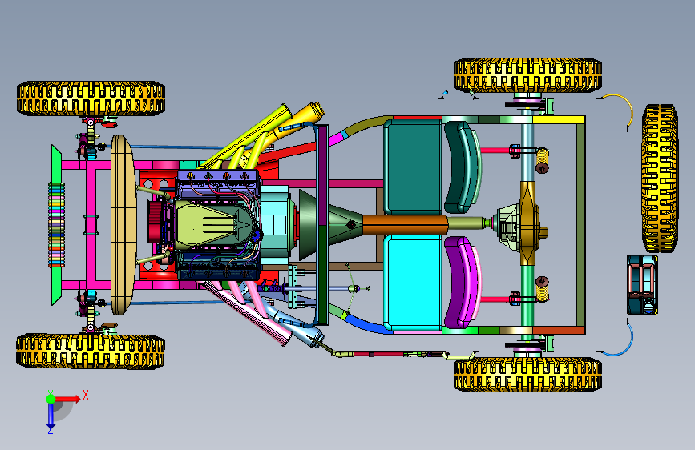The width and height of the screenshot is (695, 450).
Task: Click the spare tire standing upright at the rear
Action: click(660, 179)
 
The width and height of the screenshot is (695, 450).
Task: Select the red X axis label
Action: click(86, 395)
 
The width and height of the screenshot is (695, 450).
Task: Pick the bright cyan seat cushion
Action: click(413, 283)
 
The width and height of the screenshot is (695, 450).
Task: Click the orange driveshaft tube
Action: click(405, 224)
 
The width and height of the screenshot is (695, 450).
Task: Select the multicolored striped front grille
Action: click(56, 225)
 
